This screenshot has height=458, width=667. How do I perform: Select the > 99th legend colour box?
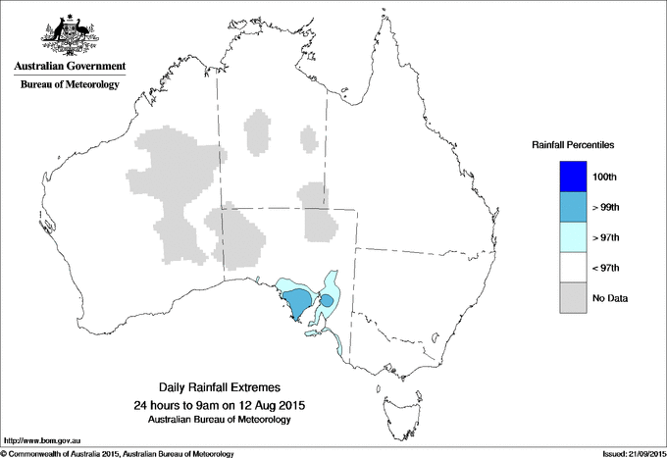pyautogui.click(x=574, y=206)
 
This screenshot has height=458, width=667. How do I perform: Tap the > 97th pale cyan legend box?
pyautogui.click(x=574, y=236)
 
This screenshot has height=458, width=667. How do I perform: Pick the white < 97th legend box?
pyautogui.click(x=574, y=267)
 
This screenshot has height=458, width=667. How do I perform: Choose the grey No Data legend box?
pyautogui.click(x=574, y=297)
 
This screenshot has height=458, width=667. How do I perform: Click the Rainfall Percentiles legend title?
pyautogui.click(x=573, y=144)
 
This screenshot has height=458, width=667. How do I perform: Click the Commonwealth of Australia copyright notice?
pyautogui.click(x=118, y=453)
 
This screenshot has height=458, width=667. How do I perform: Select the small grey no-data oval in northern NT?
pyautogui.click(x=259, y=132)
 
